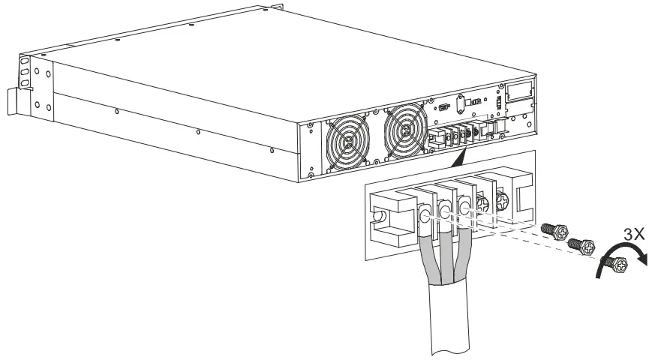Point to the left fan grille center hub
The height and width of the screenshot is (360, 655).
pyautogui.click(x=347, y=139)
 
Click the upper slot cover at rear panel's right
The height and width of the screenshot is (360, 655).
pyautogui.click(x=517, y=91)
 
